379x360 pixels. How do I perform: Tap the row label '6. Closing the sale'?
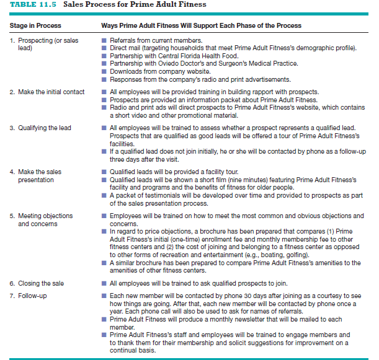point(37,283)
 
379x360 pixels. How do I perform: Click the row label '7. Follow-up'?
point(28,296)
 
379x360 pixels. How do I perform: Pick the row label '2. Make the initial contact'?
point(47,92)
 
